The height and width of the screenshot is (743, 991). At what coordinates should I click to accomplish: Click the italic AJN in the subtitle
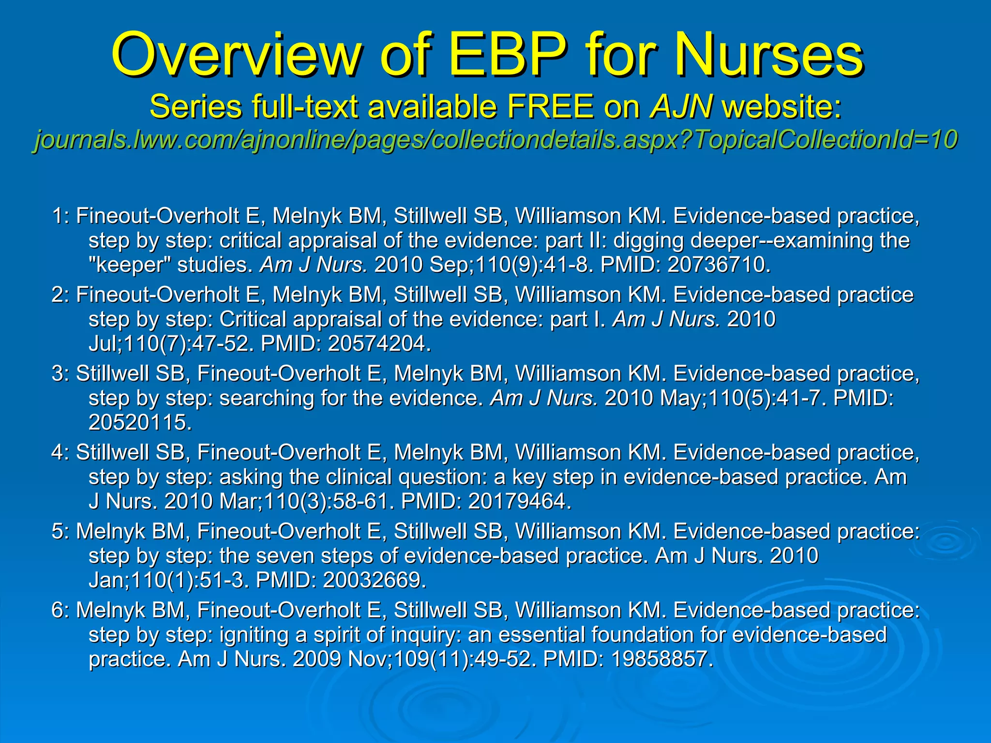click(681, 106)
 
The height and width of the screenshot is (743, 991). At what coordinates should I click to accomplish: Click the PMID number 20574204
click(379, 343)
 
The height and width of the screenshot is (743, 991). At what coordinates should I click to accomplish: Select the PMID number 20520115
click(140, 422)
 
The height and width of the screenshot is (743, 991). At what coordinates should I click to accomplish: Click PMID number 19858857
click(662, 659)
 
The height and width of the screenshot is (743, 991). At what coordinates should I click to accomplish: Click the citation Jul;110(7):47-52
click(171, 343)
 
